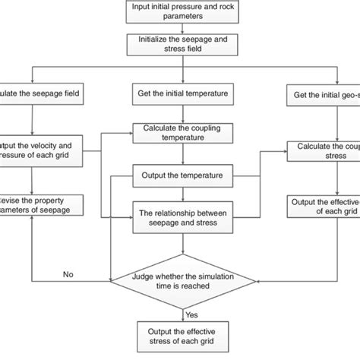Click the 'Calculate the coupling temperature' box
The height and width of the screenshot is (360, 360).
182,134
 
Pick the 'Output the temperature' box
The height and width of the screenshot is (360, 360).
182,175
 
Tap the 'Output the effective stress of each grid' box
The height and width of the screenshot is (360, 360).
182,334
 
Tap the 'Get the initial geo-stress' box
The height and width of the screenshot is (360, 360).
324,96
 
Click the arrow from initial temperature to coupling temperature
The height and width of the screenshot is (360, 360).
182,114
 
